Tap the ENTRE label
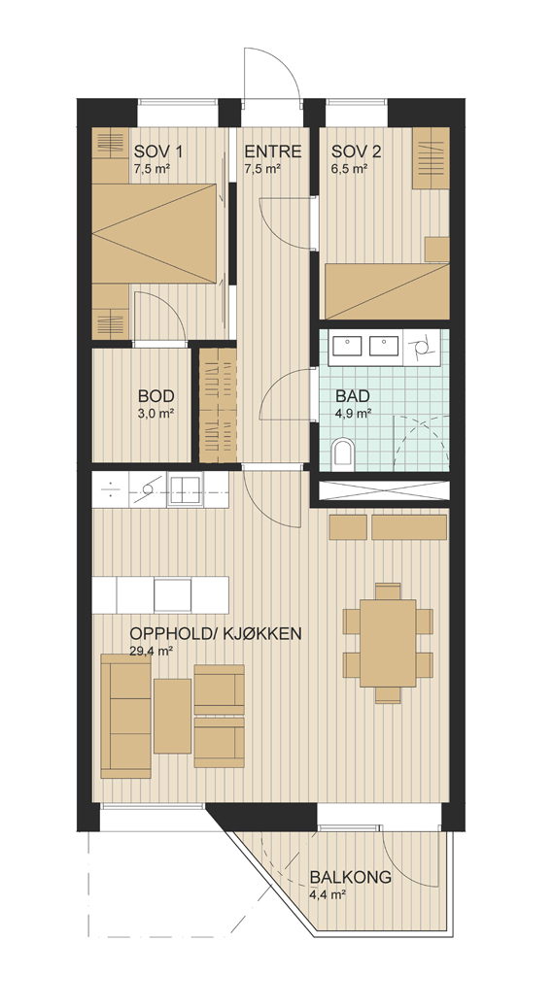click(x=273, y=151)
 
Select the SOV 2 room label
click(x=357, y=151)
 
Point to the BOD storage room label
click(x=156, y=396)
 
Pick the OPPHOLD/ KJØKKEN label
click(x=216, y=634)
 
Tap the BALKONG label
click(x=351, y=877)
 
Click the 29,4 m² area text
click(x=151, y=651)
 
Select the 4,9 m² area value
click(x=353, y=414)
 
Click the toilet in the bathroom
click(x=343, y=453)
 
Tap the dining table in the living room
click(x=388, y=643)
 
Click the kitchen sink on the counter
click(x=185, y=489)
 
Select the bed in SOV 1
click(x=154, y=233)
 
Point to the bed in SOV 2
click(x=387, y=291)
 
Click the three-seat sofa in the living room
click(x=126, y=716)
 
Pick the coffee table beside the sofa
click(x=172, y=716)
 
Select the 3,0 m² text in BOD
click(x=156, y=414)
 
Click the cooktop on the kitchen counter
click(x=148, y=489)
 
